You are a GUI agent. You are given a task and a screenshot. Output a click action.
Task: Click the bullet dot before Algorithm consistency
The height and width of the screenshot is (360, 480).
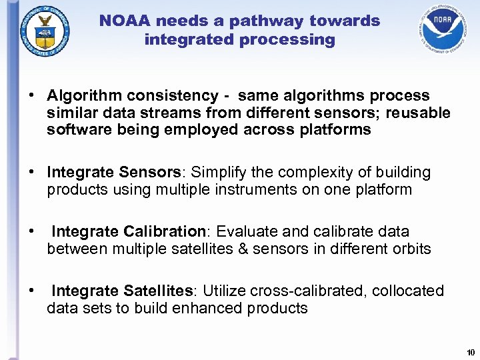(31, 96)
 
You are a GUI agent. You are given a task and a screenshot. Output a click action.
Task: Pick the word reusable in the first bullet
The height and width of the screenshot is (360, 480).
(419, 113)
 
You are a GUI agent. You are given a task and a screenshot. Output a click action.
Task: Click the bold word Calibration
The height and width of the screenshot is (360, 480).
(164, 231)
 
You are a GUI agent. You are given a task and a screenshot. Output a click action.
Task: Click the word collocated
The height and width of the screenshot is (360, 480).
(408, 291)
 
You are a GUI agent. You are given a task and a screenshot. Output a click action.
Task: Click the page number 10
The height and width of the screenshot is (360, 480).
(470, 352)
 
